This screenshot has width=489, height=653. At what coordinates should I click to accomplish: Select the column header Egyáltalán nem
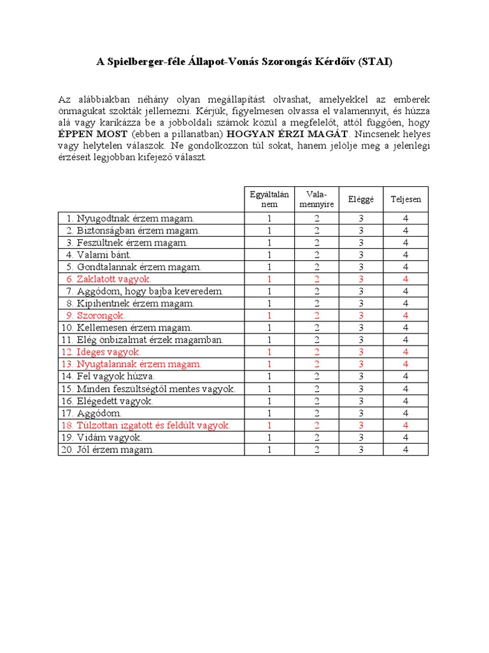click(x=269, y=199)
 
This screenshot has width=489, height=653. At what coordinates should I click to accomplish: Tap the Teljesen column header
click(x=406, y=200)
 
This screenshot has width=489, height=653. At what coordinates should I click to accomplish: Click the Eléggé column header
click(x=361, y=200)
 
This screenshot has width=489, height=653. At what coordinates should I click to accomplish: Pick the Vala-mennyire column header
click(x=316, y=199)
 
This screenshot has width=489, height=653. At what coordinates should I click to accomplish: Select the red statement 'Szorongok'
click(x=101, y=316)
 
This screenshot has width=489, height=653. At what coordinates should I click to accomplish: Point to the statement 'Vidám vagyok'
click(x=109, y=437)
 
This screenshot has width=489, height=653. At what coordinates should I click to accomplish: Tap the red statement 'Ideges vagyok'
click(x=109, y=352)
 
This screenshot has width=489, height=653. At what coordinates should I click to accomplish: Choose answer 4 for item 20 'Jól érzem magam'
click(x=406, y=450)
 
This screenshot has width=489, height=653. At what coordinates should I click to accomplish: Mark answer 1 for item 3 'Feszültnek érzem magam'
click(x=269, y=243)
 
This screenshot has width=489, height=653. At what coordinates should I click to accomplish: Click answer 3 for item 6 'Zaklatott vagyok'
click(x=361, y=279)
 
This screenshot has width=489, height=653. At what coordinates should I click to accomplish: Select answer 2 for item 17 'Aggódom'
click(x=316, y=413)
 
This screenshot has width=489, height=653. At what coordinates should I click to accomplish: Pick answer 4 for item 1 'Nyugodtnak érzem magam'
click(x=406, y=219)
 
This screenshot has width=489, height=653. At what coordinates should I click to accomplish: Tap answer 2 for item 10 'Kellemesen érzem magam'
click(x=316, y=328)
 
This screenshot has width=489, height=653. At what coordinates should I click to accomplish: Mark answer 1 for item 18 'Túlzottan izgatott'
click(x=269, y=425)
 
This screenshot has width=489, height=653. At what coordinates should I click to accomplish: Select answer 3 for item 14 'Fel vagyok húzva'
click(x=361, y=376)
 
